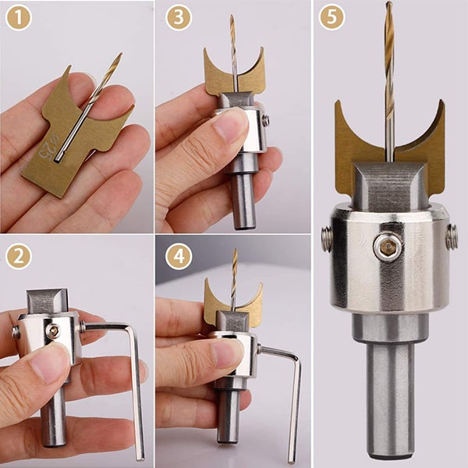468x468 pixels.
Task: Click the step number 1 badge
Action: (19, 18)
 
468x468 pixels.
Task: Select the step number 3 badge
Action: (179, 18)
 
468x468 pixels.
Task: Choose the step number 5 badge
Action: (331, 18)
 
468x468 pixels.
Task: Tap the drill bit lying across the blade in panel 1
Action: (90, 101)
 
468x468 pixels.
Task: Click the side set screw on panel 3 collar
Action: (266, 121)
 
